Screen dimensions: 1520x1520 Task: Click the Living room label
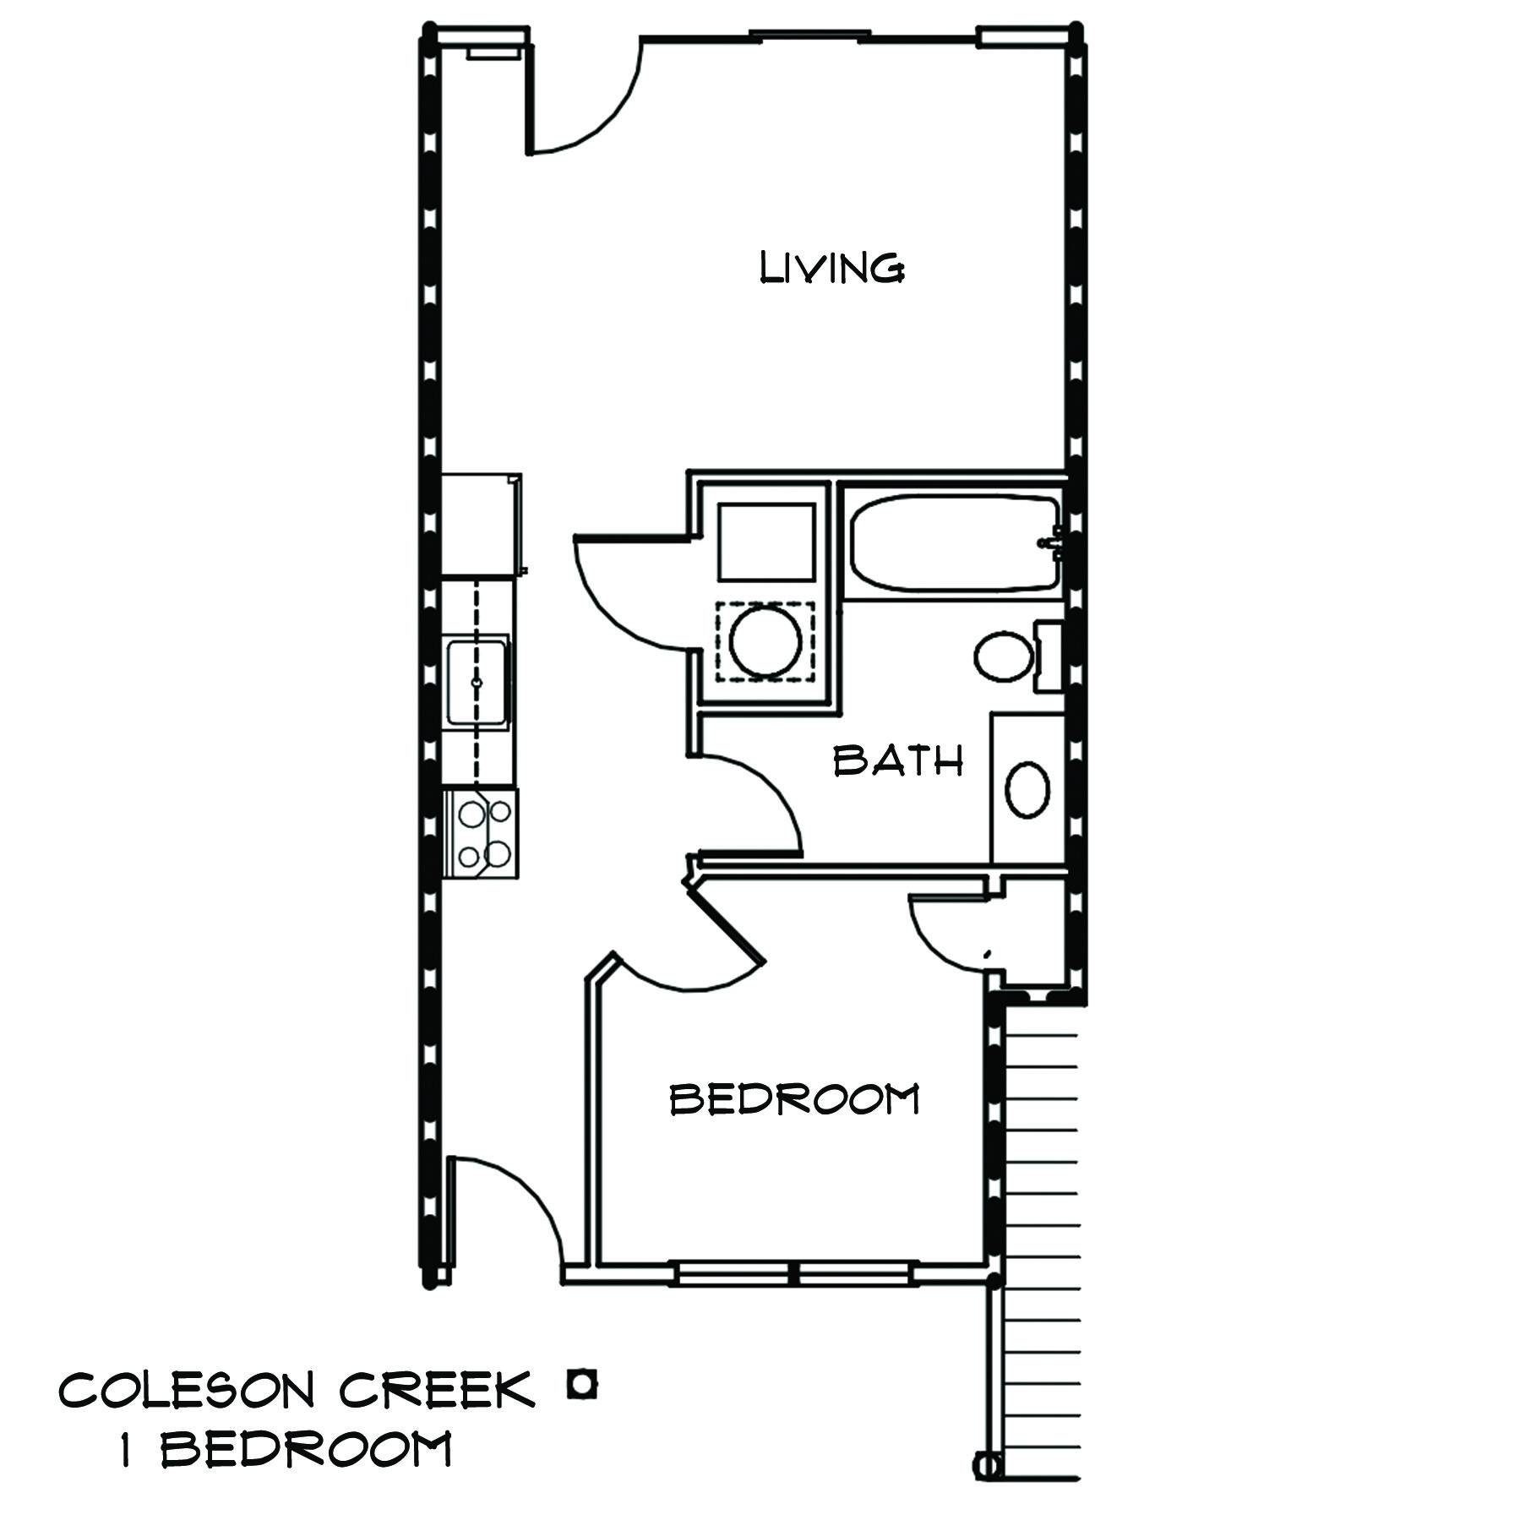pyautogui.click(x=832, y=269)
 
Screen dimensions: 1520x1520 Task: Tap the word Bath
pyautogui.click(x=898, y=761)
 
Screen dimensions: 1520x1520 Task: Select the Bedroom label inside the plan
pyautogui.click(x=794, y=1099)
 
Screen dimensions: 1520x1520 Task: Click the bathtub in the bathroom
pyautogui.click(x=953, y=543)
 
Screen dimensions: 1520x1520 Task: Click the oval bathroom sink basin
pyautogui.click(x=1027, y=789)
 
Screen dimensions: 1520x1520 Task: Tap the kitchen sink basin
pyautogui.click(x=477, y=681)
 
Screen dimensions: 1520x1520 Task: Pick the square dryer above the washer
pyautogui.click(x=766, y=541)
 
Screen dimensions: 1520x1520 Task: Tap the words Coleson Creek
pyautogui.click(x=296, y=1389)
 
